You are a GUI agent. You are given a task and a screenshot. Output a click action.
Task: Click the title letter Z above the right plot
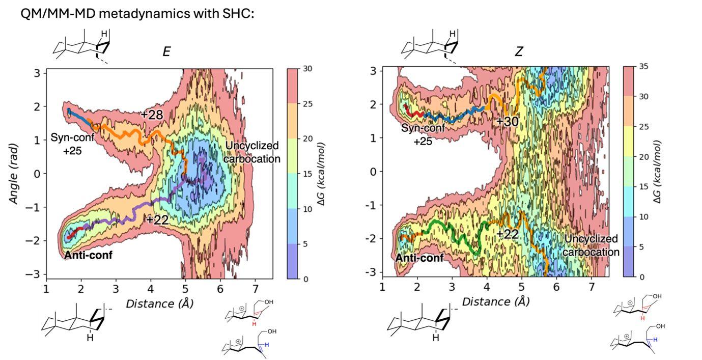[x=519, y=51]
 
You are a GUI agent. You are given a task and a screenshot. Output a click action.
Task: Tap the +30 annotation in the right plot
[x=507, y=121]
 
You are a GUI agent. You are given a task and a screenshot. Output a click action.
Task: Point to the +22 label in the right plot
[x=507, y=234]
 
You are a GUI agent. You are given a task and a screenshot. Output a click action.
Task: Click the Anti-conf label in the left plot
[x=88, y=255]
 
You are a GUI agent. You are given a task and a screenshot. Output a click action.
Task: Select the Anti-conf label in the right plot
[x=419, y=258]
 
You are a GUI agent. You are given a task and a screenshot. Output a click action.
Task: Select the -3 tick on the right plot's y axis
[x=373, y=272]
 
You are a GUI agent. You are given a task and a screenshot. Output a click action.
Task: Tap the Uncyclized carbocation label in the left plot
[x=252, y=152]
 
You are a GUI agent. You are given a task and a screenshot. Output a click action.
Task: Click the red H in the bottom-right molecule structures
[x=642, y=318]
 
